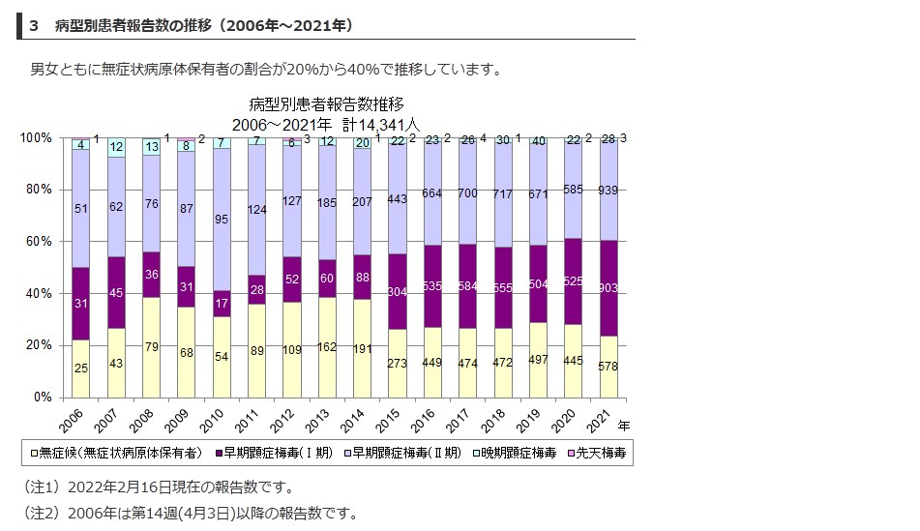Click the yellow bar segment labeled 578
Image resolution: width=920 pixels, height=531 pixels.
click(x=609, y=366)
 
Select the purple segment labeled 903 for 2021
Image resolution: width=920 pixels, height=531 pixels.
click(x=609, y=287)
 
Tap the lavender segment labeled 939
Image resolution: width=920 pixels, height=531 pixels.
click(x=609, y=190)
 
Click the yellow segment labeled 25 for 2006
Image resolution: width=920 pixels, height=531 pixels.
click(x=80, y=368)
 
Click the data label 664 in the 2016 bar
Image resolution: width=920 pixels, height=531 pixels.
click(x=432, y=193)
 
